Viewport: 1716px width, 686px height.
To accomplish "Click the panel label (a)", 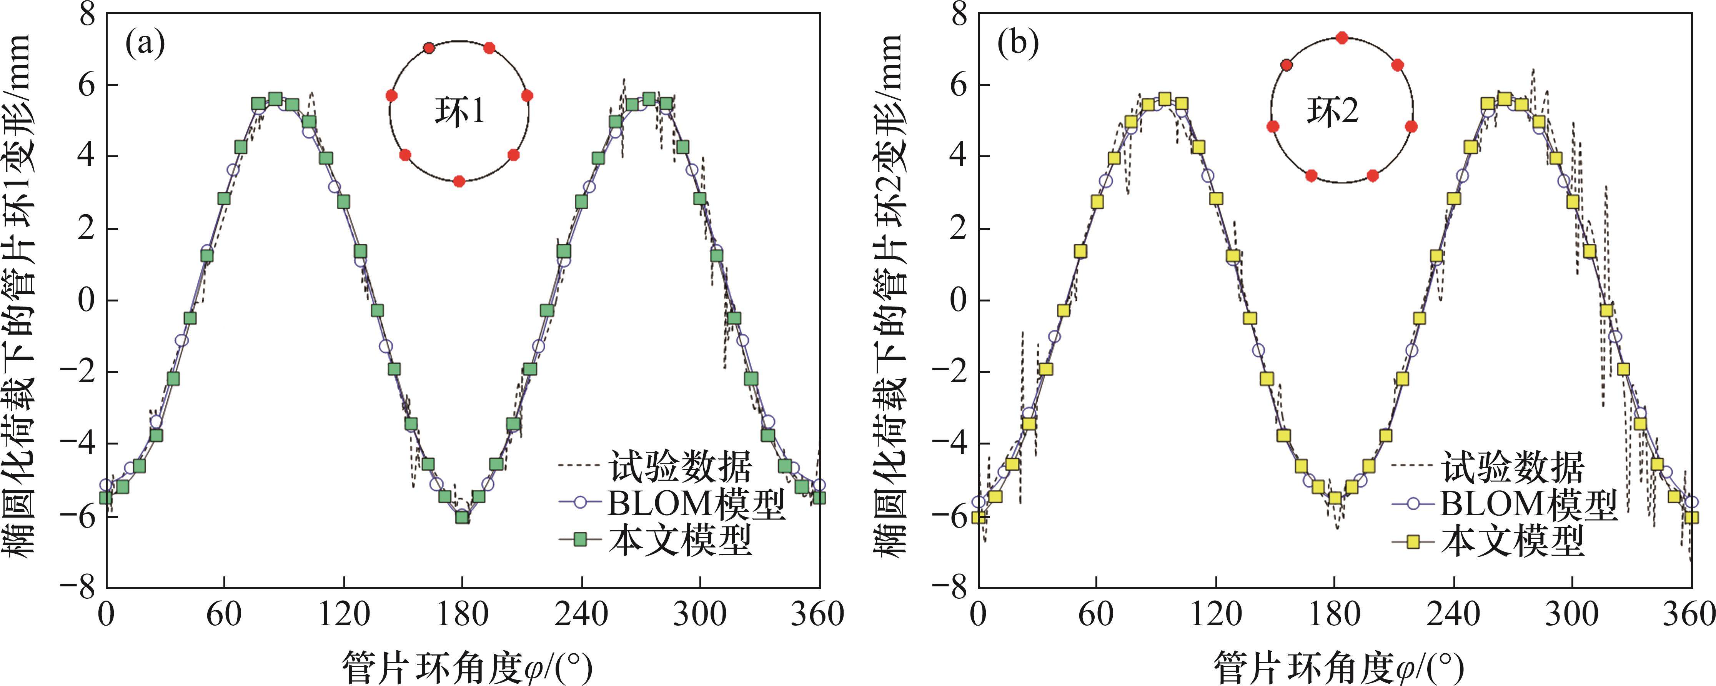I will tap(145, 45).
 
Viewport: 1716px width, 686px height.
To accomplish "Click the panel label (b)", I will tap(1017, 45).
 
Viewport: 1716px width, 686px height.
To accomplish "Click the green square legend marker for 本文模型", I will tap(579, 539).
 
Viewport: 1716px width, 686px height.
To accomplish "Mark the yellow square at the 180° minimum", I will tap(1335, 498).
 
